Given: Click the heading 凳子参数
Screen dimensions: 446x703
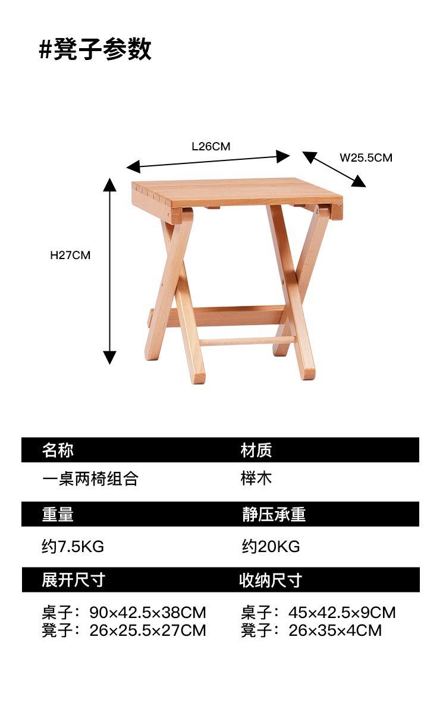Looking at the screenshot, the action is click(x=102, y=49).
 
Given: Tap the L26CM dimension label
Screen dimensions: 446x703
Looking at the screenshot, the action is click(x=211, y=147).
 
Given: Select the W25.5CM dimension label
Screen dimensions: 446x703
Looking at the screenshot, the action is click(x=366, y=158).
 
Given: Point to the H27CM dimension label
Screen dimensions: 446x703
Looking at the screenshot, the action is click(x=70, y=255).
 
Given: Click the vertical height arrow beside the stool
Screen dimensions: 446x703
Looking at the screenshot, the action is click(x=109, y=271).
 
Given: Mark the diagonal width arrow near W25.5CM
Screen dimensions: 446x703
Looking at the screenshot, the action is click(x=334, y=169).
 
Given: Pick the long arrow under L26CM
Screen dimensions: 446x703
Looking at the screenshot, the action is click(x=208, y=162).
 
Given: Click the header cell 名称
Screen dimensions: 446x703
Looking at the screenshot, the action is click(x=58, y=450).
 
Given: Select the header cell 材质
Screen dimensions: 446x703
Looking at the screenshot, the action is click(x=256, y=450).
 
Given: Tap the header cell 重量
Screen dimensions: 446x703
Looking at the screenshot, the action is click(x=58, y=514).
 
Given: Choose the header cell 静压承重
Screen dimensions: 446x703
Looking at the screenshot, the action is click(x=274, y=514).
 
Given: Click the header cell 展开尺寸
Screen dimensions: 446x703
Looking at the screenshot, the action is click(x=73, y=580).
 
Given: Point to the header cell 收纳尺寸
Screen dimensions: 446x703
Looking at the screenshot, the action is click(x=271, y=580).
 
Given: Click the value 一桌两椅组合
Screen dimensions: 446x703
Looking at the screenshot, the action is click(x=90, y=479).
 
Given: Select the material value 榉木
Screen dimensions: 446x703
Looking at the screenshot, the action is click(x=256, y=478).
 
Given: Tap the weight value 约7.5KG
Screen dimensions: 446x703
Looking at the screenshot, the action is click(x=73, y=547).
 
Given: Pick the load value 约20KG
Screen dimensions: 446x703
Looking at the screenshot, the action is click(x=271, y=547).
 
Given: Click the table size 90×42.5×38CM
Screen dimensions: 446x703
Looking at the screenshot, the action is click(x=147, y=613).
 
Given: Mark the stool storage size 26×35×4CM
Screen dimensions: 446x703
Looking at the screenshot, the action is click(x=335, y=631).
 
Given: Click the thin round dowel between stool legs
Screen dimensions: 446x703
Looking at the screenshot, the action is click(x=246, y=341).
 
